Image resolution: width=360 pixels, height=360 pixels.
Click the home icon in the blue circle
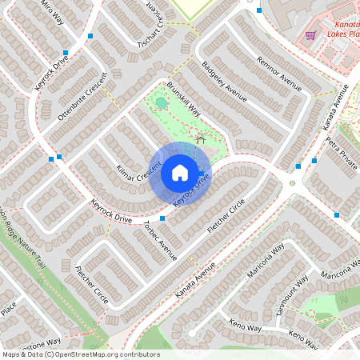180,172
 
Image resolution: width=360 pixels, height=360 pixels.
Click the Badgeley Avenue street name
224,82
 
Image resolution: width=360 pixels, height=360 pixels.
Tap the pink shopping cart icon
310,34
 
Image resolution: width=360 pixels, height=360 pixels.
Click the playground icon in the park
200,141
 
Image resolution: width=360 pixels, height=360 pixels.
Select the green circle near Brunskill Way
162,102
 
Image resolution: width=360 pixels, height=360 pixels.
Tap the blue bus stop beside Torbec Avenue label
162,218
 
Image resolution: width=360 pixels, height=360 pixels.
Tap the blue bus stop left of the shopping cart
260,10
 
